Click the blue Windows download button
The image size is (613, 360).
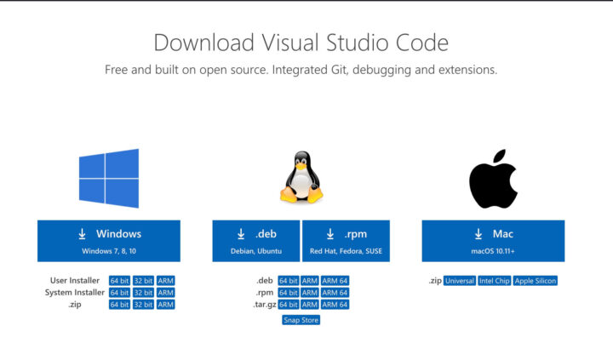click(109, 241)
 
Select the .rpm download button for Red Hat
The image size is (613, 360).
click(346, 241)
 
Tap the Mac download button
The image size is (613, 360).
click(493, 241)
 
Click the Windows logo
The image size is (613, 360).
click(109, 178)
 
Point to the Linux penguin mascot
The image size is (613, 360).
click(301, 177)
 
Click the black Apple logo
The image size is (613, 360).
click(493, 179)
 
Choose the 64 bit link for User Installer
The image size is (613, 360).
click(119, 281)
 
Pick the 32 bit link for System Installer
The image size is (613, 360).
click(143, 293)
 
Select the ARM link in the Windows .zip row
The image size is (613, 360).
click(165, 305)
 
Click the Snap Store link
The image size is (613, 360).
click(301, 320)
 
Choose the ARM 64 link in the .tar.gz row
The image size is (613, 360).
click(335, 305)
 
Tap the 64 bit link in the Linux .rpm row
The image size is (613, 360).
click(289, 293)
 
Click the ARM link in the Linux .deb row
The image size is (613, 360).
click(310, 281)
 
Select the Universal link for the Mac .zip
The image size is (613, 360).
click(460, 281)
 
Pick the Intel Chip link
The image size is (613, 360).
click(494, 281)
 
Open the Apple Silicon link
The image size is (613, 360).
click(536, 281)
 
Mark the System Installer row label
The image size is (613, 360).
click(75, 293)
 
